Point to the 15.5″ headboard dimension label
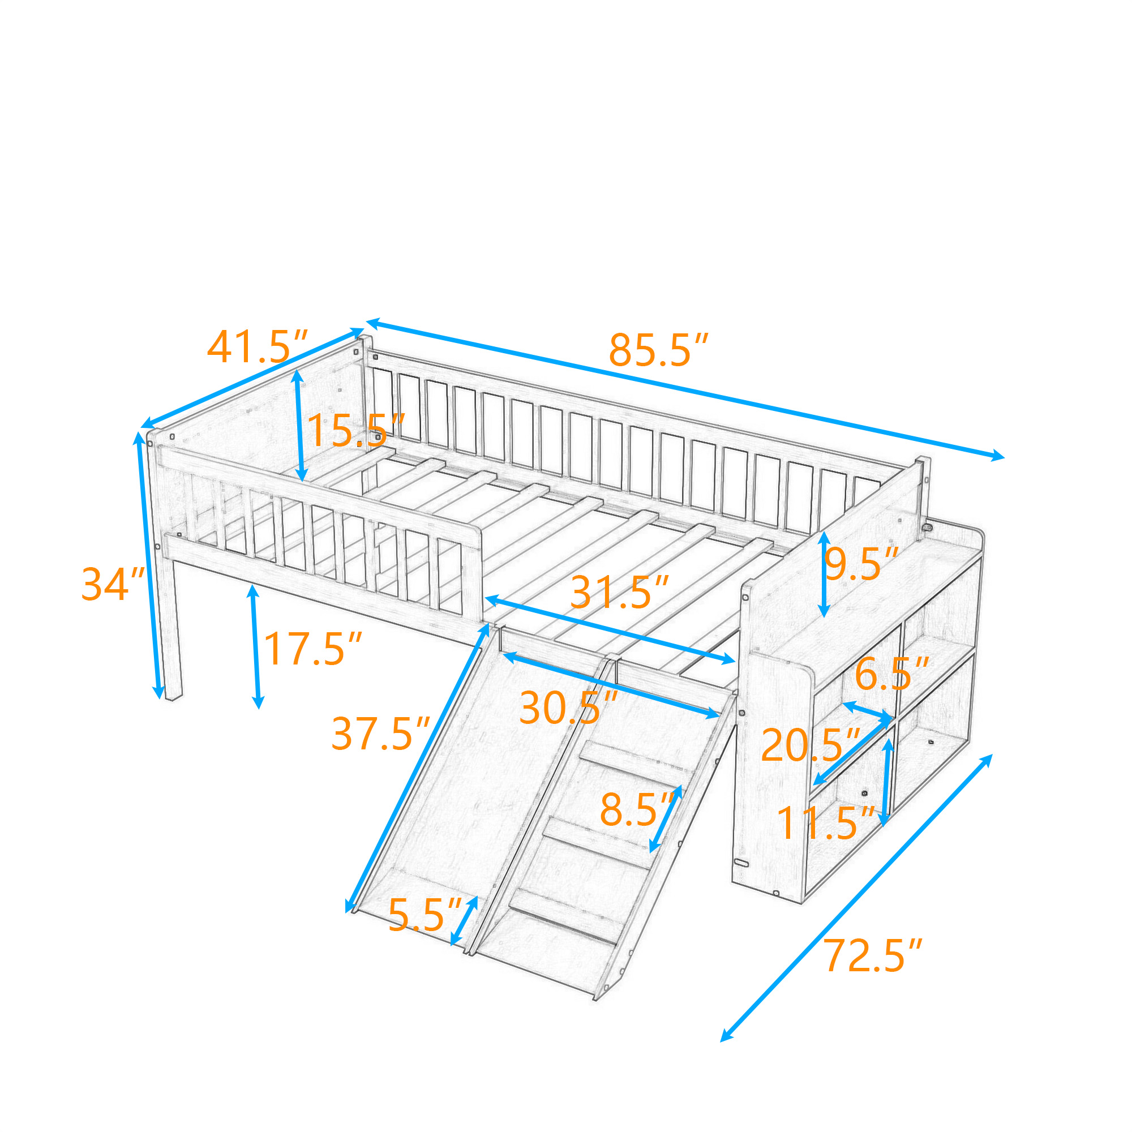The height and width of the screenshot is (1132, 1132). point(355,430)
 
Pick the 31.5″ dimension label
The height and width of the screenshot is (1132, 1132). point(619,592)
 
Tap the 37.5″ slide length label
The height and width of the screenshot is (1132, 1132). point(381,734)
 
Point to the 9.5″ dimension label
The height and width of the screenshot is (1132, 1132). point(861,564)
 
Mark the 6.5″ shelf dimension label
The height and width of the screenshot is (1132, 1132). point(892,674)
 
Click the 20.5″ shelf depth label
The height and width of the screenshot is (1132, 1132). point(811,745)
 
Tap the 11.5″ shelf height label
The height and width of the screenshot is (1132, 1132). point(826,822)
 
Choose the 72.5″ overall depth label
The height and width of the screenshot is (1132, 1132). point(873,955)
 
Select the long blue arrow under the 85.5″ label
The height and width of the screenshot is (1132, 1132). point(685,389)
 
